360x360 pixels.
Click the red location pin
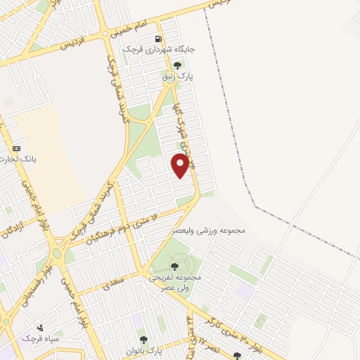point(181,165)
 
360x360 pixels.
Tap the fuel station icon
point(158,39)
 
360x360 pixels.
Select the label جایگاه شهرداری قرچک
point(150,50)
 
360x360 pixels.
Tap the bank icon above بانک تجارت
point(17,148)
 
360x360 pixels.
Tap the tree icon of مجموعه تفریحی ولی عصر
point(174,266)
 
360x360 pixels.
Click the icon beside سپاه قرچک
point(40,327)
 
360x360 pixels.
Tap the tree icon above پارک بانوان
point(143,340)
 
